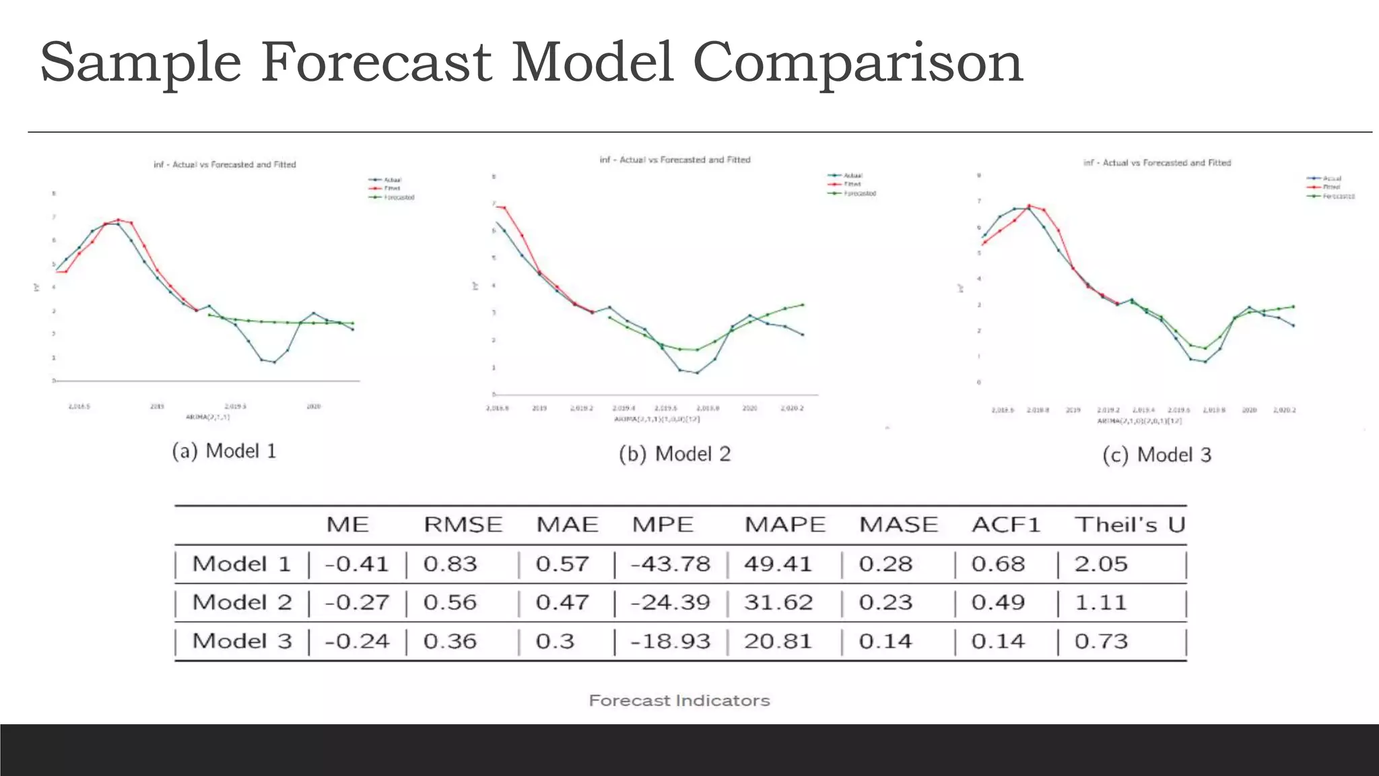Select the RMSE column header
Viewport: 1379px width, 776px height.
click(x=463, y=525)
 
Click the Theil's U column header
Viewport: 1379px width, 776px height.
click(x=1129, y=525)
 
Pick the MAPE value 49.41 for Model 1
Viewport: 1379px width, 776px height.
click(x=778, y=564)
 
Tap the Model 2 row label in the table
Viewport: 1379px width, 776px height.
click(x=242, y=602)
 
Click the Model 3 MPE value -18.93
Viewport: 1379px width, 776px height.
click(x=670, y=641)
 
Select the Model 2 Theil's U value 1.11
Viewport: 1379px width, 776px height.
click(x=1100, y=602)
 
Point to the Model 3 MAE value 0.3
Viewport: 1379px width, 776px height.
click(x=555, y=641)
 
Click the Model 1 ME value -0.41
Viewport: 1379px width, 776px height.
click(x=357, y=564)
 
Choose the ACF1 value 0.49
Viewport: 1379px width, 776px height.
click(x=998, y=602)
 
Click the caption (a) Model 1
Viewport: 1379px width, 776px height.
click(x=224, y=451)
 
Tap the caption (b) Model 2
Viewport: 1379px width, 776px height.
click(x=675, y=454)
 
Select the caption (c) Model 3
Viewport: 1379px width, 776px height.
click(x=1157, y=455)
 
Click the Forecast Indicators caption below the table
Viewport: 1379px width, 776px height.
click(x=679, y=701)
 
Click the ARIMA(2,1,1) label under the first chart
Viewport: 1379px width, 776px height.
click(x=207, y=417)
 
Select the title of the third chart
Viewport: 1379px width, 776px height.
click(x=1156, y=163)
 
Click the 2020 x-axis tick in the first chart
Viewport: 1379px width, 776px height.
click(x=313, y=407)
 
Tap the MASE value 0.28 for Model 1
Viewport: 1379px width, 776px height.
click(x=885, y=564)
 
